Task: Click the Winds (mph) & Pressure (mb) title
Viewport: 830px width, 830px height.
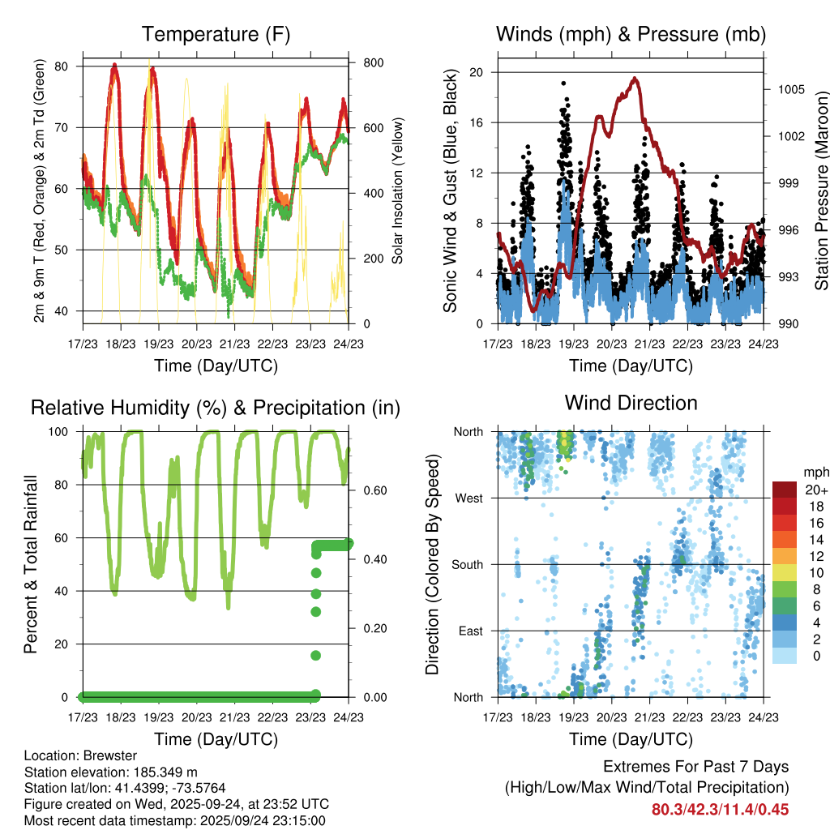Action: (x=631, y=34)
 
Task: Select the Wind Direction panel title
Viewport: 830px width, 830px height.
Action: (x=631, y=403)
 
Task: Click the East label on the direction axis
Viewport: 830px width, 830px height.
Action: (x=469, y=631)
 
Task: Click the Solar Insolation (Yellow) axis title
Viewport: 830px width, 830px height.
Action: (x=398, y=191)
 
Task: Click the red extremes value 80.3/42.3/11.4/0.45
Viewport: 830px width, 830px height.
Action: (x=720, y=809)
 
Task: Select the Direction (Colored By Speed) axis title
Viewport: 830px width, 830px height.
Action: (x=432, y=564)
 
